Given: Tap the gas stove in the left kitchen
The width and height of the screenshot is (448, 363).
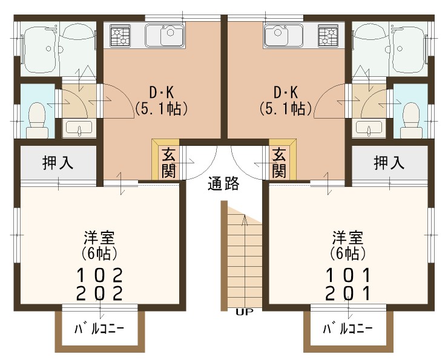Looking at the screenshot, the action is [x=120, y=36].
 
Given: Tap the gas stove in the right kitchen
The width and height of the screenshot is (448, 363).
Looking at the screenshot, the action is [x=328, y=36].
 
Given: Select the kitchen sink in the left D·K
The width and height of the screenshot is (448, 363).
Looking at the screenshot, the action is [x=164, y=36].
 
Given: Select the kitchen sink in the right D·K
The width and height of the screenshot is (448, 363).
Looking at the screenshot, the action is [x=283, y=36].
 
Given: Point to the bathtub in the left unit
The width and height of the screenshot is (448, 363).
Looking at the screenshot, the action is [x=40, y=48].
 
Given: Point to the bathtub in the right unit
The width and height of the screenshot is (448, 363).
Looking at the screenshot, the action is [x=409, y=48].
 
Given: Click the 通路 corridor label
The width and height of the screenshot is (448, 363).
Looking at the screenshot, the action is [x=223, y=183].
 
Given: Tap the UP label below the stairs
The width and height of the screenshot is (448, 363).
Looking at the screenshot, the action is [x=245, y=312].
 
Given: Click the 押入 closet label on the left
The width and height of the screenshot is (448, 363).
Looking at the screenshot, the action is [x=58, y=163].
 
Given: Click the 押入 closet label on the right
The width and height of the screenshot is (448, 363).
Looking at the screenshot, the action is [x=389, y=163].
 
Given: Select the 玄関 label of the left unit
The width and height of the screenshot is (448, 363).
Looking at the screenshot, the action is [x=168, y=163].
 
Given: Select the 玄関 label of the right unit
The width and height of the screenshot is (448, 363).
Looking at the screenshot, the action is [x=279, y=163].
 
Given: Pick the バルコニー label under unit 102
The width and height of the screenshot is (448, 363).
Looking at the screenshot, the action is [x=99, y=329].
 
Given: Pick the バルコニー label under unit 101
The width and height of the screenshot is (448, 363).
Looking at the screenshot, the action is [x=348, y=329].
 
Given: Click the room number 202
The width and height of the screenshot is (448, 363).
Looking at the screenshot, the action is [x=99, y=293].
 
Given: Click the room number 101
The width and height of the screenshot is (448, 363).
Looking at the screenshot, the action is [x=348, y=275].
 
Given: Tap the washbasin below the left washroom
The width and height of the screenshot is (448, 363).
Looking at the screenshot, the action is [x=77, y=128].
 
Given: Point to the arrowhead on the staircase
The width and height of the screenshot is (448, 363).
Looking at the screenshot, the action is [x=245, y=220].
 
